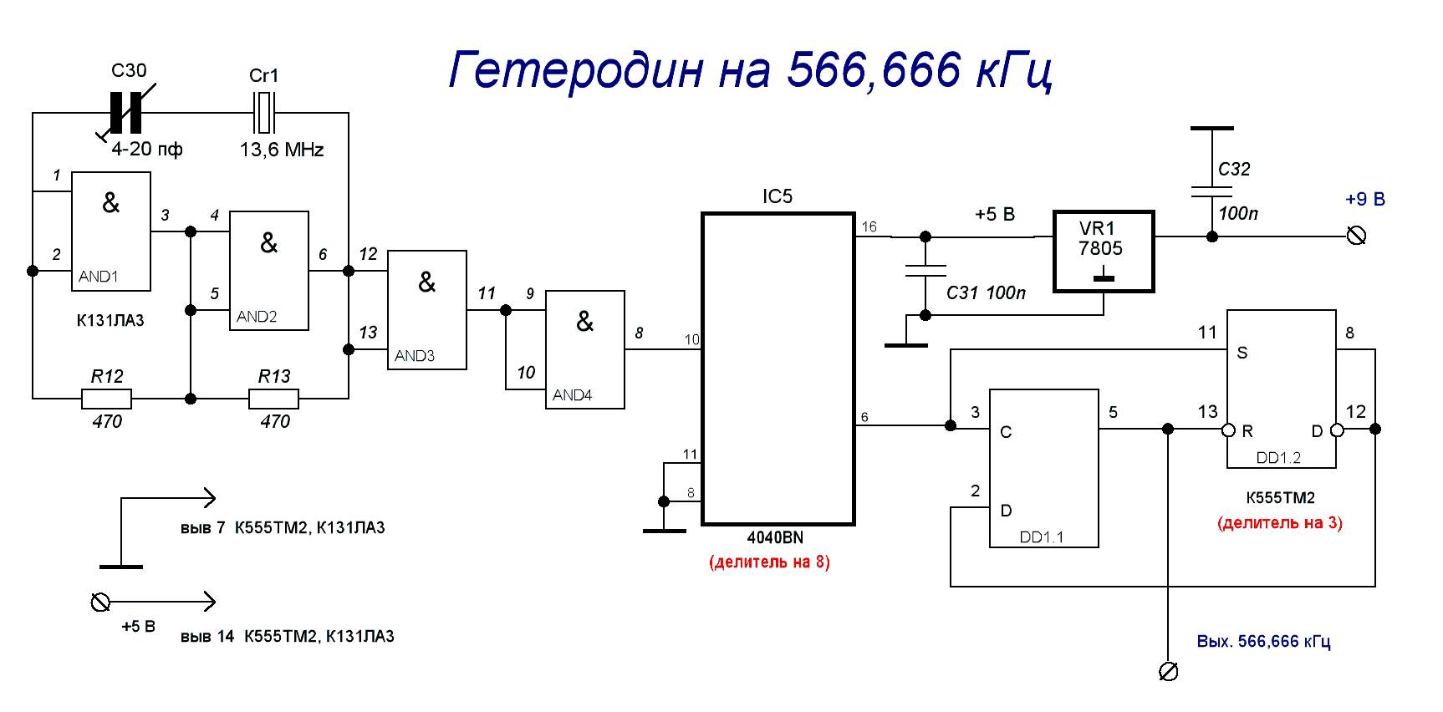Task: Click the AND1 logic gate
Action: click(x=111, y=231)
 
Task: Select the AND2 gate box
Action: click(x=269, y=271)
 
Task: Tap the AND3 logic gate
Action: click(x=426, y=310)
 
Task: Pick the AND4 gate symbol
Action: click(x=585, y=349)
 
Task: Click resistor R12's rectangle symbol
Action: click(x=106, y=399)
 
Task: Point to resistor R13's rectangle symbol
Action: click(x=273, y=399)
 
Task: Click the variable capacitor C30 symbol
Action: click(x=126, y=114)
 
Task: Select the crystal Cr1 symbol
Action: click(x=264, y=114)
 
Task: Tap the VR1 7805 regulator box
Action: click(x=1103, y=251)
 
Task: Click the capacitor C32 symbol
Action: click(x=1211, y=191)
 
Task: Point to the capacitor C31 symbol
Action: click(x=925, y=271)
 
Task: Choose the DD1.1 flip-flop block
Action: click(x=1043, y=468)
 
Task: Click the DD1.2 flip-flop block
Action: click(x=1281, y=389)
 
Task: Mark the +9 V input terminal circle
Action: click(x=1357, y=236)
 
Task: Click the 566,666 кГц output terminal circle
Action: click(x=1168, y=671)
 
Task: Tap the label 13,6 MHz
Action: click(x=282, y=150)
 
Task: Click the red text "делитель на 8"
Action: click(x=769, y=562)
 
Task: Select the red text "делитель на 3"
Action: click(x=1280, y=524)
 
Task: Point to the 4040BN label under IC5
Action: click(x=775, y=538)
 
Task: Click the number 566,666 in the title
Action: click(x=873, y=69)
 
